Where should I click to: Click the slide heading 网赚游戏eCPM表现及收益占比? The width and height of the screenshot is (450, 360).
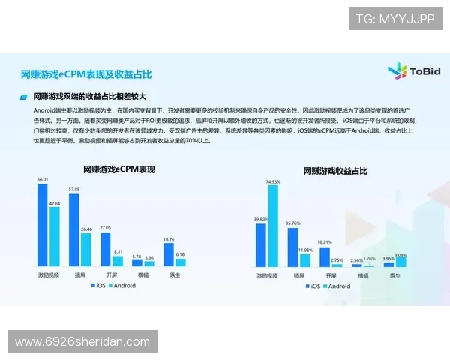point(86,74)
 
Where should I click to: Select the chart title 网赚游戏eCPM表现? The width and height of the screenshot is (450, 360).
point(118,170)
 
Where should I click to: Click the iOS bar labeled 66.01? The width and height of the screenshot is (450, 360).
point(43,225)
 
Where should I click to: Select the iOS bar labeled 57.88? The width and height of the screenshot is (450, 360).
point(73,229)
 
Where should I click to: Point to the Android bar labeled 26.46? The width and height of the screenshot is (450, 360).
point(86,249)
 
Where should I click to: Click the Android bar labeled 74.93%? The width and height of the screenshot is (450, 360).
point(272,226)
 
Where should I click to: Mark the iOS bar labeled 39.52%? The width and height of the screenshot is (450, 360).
point(261,244)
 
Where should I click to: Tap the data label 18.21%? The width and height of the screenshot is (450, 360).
point(324,241)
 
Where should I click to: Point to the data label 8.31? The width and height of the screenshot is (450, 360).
point(118,251)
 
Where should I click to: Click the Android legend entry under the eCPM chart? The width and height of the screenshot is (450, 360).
point(124,286)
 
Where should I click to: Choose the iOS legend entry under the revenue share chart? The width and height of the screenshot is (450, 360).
point(313,286)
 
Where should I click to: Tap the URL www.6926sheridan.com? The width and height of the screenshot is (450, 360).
point(82,342)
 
